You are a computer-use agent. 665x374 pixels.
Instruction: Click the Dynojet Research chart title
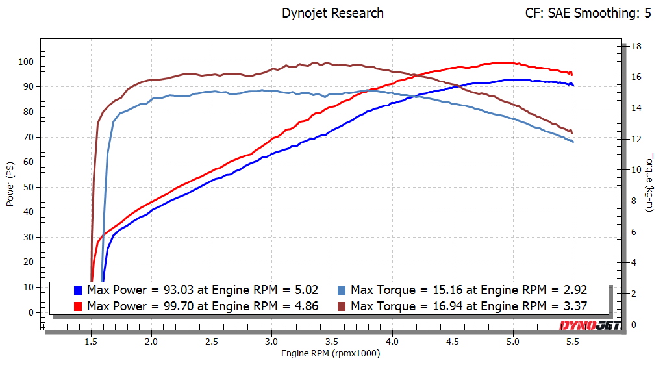332,13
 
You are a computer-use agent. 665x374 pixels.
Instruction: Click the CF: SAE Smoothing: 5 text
588,13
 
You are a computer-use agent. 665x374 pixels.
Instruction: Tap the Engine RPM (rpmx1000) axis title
331,354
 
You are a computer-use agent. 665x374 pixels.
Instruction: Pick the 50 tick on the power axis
27,187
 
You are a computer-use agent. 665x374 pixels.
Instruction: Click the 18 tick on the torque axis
637,46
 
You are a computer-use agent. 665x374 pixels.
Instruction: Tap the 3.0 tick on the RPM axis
271,340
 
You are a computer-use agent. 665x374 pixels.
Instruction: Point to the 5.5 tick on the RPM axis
573,340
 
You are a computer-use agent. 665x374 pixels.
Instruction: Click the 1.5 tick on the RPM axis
92,340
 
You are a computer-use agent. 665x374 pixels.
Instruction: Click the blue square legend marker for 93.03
78,290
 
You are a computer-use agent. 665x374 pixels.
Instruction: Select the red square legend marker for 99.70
78,306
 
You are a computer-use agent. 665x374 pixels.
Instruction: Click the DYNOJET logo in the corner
590,326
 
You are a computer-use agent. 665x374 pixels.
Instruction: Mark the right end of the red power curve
572,74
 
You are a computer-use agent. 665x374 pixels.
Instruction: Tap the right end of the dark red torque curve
572,133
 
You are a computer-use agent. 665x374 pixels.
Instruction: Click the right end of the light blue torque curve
573,142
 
